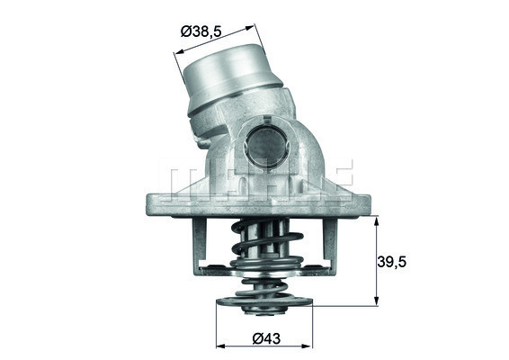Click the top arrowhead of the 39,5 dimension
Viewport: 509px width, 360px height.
(376, 217)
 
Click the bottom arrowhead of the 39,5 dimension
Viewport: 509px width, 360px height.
(376, 302)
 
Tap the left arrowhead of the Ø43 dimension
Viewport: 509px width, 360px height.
(219, 346)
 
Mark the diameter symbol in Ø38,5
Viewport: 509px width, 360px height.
(187, 31)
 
